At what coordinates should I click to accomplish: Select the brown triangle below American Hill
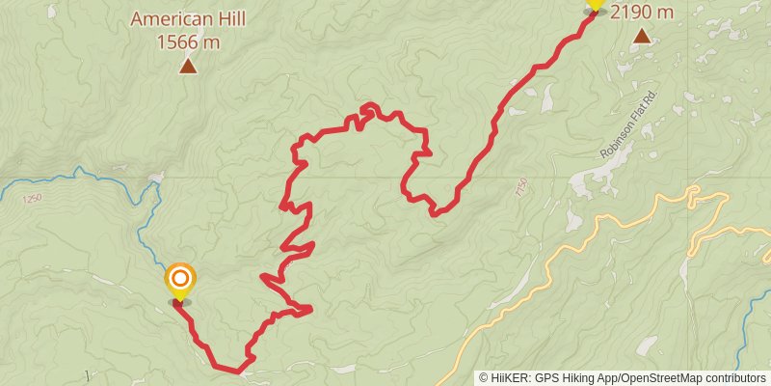[x=187, y=66]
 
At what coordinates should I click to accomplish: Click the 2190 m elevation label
[x=641, y=12]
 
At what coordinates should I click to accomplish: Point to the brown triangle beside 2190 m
[x=642, y=37]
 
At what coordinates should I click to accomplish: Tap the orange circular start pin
[x=179, y=280]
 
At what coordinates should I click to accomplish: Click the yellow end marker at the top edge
[x=595, y=5]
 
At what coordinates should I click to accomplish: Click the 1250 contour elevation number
[x=33, y=198]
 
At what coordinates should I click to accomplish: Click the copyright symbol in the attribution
[x=485, y=377]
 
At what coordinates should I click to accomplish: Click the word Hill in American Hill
[x=226, y=18]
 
